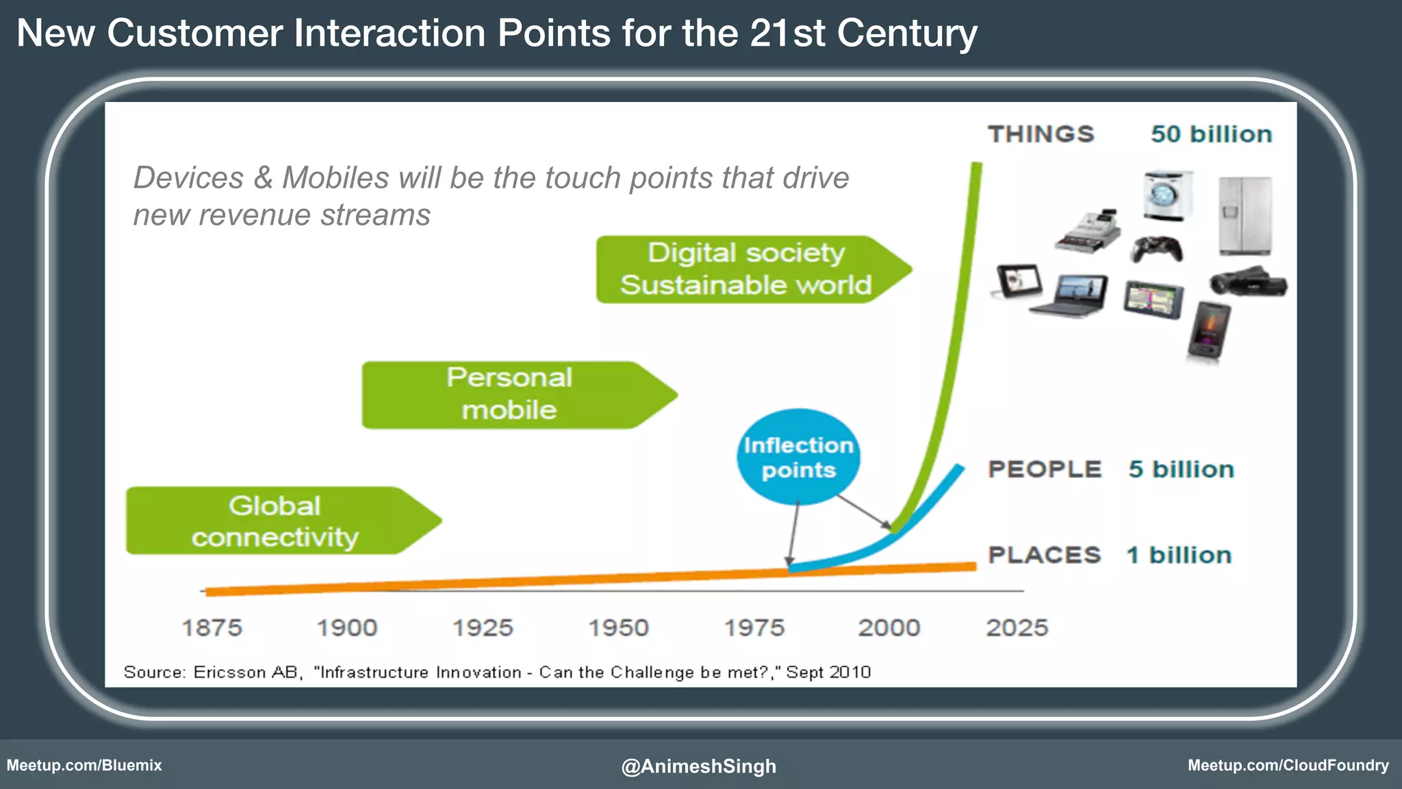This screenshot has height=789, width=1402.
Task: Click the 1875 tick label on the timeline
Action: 212,627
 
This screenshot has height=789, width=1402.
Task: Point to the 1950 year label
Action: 618,627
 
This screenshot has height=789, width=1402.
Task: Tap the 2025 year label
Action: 1017,627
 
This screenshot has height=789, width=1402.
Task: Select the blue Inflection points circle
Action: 798,458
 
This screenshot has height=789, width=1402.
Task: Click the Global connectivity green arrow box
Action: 275,521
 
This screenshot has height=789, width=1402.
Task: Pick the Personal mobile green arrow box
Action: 510,394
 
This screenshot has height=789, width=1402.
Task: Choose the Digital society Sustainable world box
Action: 745,269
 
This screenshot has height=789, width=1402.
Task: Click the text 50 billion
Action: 1211,134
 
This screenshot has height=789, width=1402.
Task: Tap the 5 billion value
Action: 1181,469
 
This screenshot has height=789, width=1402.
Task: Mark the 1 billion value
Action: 1179,555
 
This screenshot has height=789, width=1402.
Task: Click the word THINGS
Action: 1041,134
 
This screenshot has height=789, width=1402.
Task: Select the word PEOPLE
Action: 1045,469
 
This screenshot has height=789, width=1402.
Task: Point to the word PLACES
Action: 1044,555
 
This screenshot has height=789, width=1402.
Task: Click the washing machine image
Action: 1167,196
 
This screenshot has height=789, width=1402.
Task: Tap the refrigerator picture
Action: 1245,215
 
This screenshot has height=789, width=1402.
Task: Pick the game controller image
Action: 1156,249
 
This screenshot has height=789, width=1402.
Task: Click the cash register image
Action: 1088,231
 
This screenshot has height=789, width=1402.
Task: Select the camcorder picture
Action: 1247,281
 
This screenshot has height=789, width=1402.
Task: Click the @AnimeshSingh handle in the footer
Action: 698,766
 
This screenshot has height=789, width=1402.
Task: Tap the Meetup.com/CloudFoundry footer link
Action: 1288,765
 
